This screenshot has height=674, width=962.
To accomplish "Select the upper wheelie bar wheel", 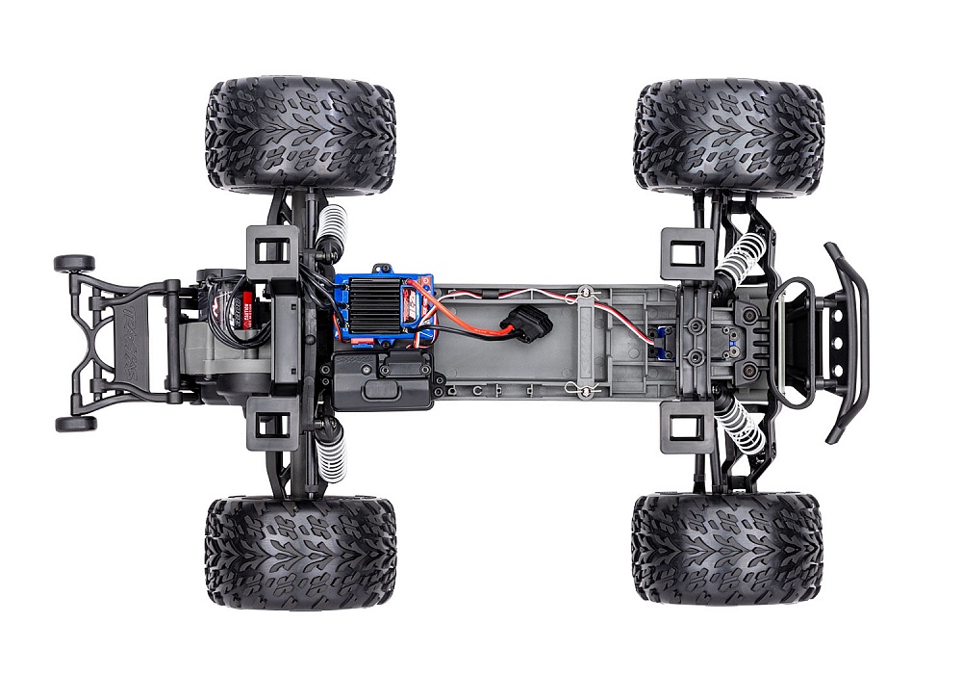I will coord(74,263).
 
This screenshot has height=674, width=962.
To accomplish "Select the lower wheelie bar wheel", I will coord(74,424).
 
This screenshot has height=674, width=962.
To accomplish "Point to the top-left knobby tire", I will coord(300,136).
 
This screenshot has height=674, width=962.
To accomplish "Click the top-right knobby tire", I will coord(728,137).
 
